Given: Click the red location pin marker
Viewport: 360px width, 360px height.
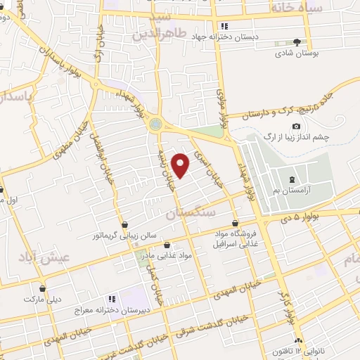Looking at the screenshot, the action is point(181,165).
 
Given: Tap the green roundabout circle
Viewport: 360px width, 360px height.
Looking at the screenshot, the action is point(155,124).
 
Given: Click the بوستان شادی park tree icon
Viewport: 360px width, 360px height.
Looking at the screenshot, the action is point(297,42).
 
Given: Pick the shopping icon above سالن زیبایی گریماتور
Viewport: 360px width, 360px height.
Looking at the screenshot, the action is point(125,225).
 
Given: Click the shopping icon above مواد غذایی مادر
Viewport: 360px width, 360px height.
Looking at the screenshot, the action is point(167,245).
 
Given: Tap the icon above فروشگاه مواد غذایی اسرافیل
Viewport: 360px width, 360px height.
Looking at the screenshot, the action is point(243,223).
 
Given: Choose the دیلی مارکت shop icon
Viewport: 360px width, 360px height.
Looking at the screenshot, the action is point(43,288).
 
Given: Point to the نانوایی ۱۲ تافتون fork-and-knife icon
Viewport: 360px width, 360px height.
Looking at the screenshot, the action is point(298,338).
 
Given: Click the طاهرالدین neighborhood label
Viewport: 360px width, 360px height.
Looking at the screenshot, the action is point(152,33).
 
